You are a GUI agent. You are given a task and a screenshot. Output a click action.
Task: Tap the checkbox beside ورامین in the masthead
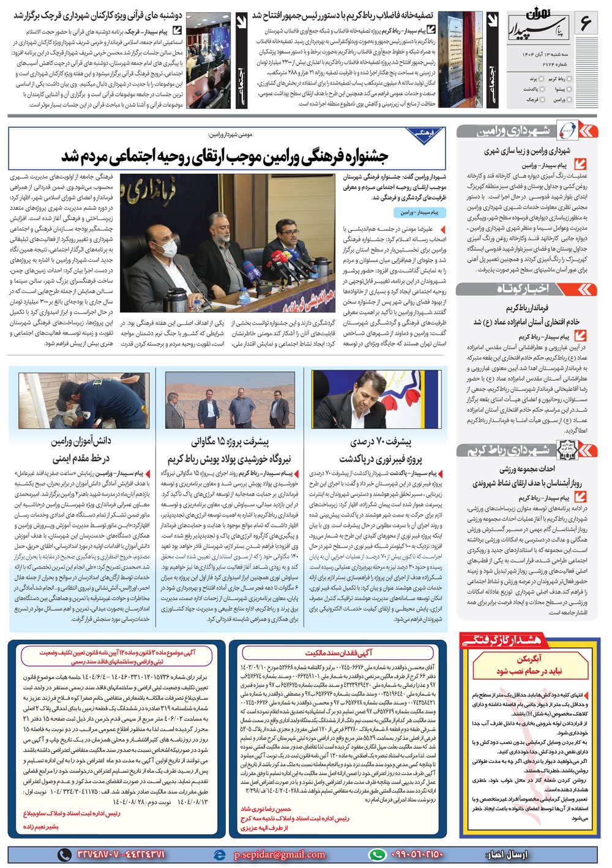(x=571, y=99)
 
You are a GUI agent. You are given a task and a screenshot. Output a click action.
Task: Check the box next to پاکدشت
(x=543, y=89)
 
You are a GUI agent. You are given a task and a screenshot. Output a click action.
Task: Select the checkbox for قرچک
(x=543, y=99)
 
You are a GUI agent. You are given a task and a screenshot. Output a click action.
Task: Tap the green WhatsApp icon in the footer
(x=377, y=855)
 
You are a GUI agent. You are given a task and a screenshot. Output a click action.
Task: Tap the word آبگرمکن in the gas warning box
(x=528, y=659)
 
